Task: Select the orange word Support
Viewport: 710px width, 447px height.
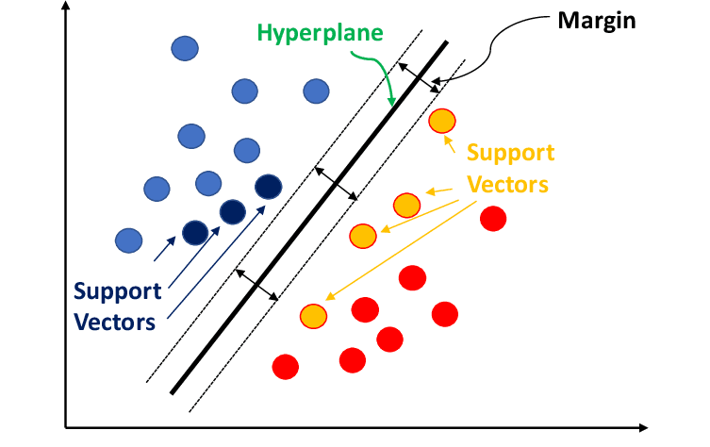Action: (x=510, y=153)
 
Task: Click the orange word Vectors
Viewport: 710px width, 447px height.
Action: (x=510, y=183)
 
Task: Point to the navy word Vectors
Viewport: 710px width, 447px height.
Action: (x=114, y=322)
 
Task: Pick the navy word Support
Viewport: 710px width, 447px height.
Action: (x=118, y=290)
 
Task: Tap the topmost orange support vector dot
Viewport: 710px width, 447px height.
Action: (x=441, y=121)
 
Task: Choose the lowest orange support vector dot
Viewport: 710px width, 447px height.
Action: (x=313, y=316)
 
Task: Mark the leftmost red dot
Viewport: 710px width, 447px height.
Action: (x=285, y=365)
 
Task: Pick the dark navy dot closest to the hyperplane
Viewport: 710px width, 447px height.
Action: (x=268, y=187)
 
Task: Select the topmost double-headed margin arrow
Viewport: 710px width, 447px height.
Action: (x=418, y=77)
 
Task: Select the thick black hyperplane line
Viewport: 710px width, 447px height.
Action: (x=311, y=216)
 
